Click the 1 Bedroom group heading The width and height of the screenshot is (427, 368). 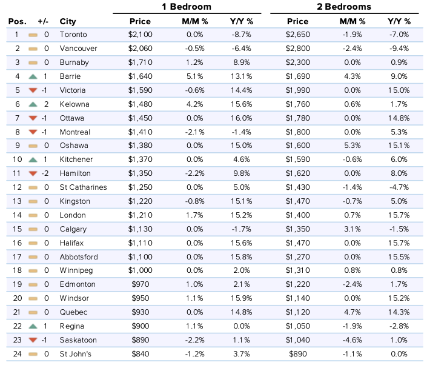(187, 7)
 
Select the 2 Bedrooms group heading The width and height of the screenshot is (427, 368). (344, 7)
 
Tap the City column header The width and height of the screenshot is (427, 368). (68, 22)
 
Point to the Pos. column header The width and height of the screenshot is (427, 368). (18, 22)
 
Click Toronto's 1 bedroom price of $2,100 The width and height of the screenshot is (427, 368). (141, 35)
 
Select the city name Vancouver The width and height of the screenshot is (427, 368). (78, 49)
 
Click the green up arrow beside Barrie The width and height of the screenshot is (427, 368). (33, 76)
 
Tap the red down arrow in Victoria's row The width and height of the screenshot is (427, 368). (33, 90)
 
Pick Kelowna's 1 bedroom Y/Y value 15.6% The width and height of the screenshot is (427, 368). (241, 104)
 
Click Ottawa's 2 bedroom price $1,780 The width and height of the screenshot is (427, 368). (297, 118)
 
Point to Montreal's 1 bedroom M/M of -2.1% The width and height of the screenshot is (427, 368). (194, 132)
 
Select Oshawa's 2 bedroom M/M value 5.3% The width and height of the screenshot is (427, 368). (353, 146)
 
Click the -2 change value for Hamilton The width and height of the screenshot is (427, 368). (45, 173)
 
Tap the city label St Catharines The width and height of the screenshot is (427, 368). (84, 187)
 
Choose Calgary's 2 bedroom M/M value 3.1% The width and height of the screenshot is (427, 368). (353, 229)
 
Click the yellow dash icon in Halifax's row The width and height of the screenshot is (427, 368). (33, 243)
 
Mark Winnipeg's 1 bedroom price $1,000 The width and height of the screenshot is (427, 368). (141, 270)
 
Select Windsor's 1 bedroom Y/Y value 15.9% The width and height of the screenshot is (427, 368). (241, 298)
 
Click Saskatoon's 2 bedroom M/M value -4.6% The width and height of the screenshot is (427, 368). (353, 340)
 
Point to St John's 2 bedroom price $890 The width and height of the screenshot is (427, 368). (297, 354)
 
